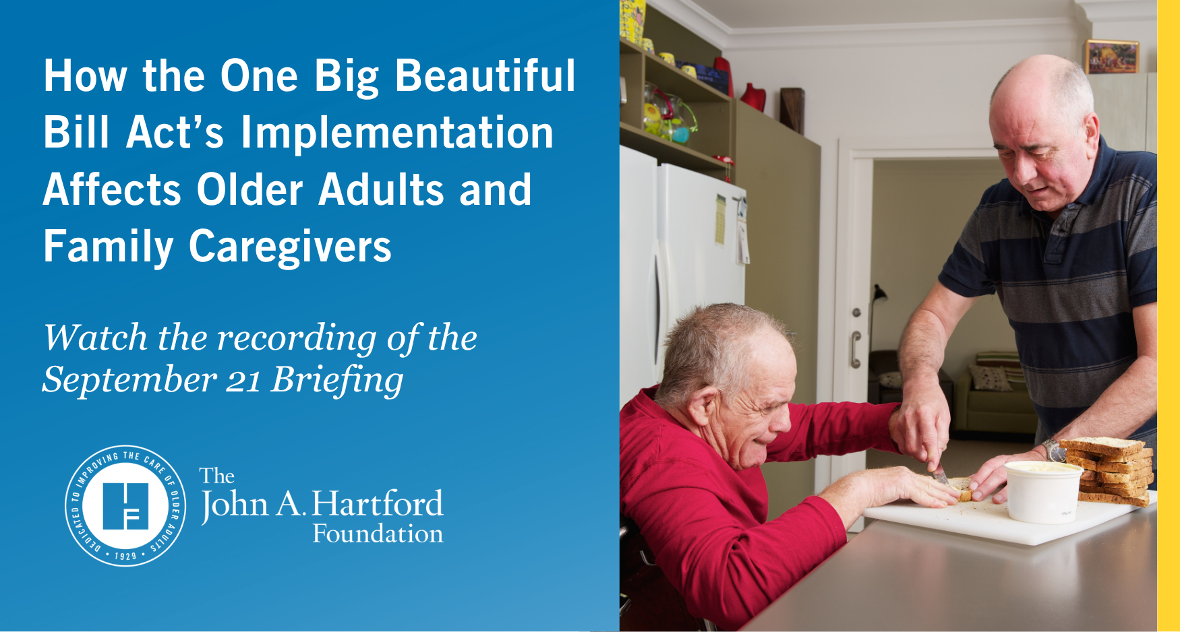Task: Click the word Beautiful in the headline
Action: point(485,75)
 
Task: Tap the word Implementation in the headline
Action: point(396,132)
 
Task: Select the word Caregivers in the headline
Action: point(290,247)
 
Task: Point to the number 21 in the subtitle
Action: point(243,381)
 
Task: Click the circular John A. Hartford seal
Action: point(125,505)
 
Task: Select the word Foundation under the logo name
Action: point(378,534)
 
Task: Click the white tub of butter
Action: point(1043,491)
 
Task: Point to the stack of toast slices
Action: point(1109,470)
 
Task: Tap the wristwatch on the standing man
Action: point(1052,451)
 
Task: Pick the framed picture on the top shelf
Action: point(1111,57)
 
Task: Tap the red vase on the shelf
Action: point(755,96)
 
